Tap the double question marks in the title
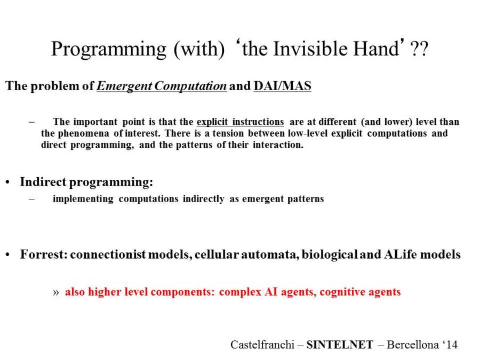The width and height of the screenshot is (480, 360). [x=419, y=49]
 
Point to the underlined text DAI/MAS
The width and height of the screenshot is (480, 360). [x=282, y=86]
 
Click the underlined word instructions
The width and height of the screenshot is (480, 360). [x=258, y=122]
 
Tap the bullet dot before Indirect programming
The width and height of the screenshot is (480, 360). [x=8, y=182]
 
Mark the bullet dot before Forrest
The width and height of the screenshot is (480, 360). [x=8, y=255]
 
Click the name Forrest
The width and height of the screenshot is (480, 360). [x=42, y=254]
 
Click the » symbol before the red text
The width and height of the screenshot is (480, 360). [x=55, y=292]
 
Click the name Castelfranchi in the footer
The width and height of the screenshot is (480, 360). [x=262, y=345]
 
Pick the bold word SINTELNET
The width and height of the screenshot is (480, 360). [x=340, y=345]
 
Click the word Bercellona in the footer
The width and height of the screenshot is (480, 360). [x=413, y=345]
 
